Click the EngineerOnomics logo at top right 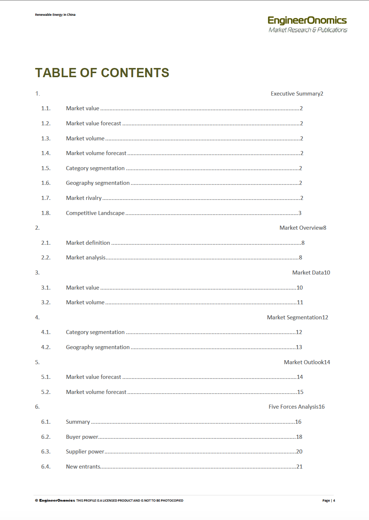(308, 24)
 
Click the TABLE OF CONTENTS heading (102, 73)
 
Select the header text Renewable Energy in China (55, 15)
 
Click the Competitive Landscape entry (95, 213)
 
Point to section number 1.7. (46, 198)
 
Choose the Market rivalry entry (84, 198)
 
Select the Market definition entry (88, 243)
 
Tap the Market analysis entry (86, 258)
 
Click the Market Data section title (308, 273)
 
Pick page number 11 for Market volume (300, 302)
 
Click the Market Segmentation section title (294, 318)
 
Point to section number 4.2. (46, 347)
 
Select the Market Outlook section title (304, 362)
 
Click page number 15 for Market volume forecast (300, 392)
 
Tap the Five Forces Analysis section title (293, 407)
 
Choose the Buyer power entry (82, 437)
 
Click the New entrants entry (83, 467)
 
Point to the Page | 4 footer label (329, 501)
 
